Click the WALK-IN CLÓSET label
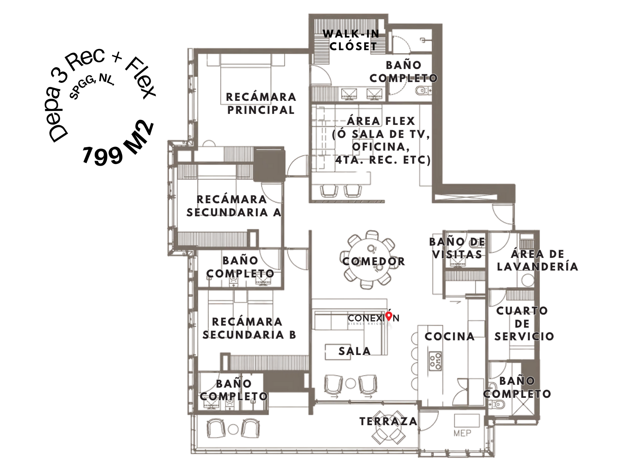pos(351,40)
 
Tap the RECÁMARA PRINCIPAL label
pos(261,103)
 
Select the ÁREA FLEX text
pos(381,121)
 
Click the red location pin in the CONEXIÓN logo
pos(389,316)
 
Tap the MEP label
pos(462,433)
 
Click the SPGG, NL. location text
pos(92,86)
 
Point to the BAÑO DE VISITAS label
pos(457,248)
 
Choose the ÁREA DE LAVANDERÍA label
pos(537,260)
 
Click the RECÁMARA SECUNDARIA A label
pos(234,206)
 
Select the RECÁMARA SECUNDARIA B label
pos(249,328)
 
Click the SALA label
pos(354,351)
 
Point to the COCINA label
pos(449,337)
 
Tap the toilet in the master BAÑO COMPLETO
pos(422,91)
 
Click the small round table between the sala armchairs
pos(351,384)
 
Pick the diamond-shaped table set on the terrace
pos(388,428)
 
